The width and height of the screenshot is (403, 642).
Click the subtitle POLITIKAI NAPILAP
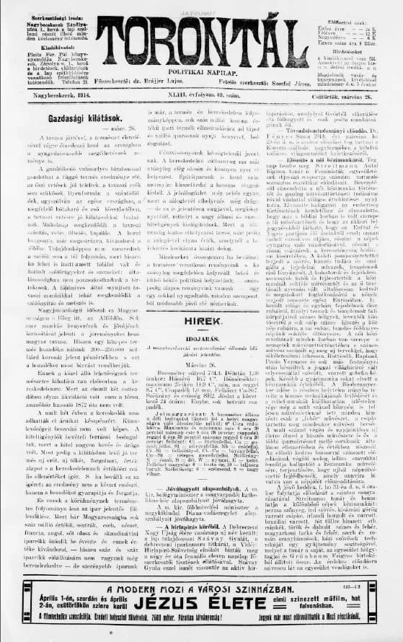pos(200,73)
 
